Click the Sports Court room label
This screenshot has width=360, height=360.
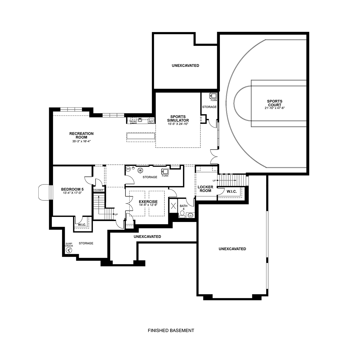(274, 103)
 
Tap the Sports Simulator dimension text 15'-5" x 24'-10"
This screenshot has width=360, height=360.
(178, 124)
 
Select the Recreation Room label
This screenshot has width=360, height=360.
(82, 135)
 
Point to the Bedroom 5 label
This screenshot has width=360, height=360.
(72, 189)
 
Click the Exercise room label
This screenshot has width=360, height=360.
(148, 202)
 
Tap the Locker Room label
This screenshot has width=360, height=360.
(205, 189)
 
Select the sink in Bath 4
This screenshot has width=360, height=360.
(190, 215)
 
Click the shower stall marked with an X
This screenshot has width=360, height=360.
(173, 206)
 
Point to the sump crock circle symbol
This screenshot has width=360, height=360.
(69, 250)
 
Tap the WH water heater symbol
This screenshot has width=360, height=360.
(128, 169)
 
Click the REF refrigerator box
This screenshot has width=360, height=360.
(151, 121)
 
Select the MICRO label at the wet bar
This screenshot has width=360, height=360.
(133, 121)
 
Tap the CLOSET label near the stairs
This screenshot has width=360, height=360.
(99, 190)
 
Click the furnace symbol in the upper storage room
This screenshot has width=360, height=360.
(213, 96)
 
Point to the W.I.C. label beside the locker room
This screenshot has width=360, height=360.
(232, 191)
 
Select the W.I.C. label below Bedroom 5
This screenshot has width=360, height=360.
(82, 225)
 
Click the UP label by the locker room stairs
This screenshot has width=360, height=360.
(214, 181)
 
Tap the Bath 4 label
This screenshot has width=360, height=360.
(184, 207)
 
